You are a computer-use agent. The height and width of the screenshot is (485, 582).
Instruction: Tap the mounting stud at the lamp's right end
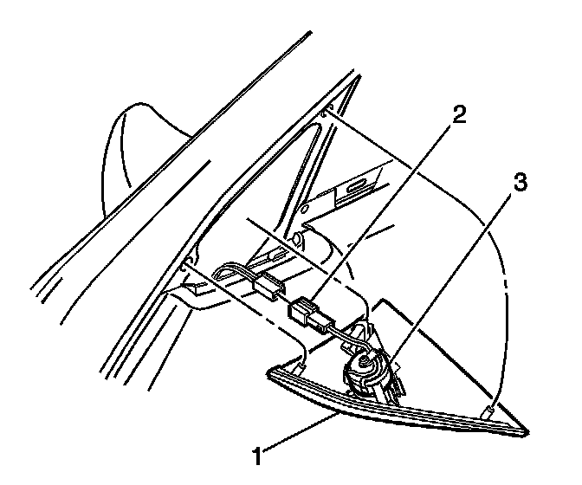pyautogui.click(x=491, y=408)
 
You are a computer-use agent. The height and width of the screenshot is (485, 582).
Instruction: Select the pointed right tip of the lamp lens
pyautogui.click(x=527, y=430)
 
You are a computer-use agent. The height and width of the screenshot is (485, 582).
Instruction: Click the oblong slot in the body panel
pyautogui.click(x=357, y=186)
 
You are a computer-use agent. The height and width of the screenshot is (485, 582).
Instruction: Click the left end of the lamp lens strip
pyautogui.click(x=271, y=374)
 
